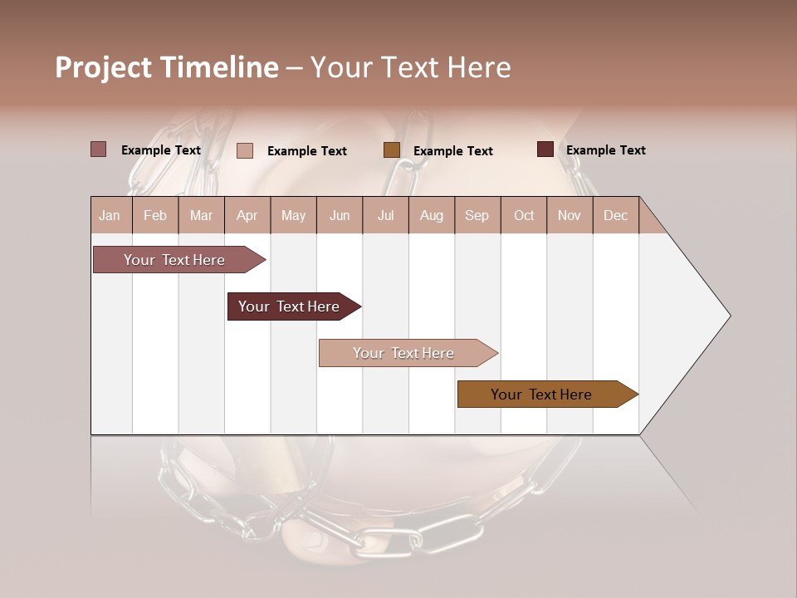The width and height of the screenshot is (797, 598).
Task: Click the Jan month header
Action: pyautogui.click(x=110, y=215)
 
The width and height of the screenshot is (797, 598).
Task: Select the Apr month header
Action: pyautogui.click(x=247, y=215)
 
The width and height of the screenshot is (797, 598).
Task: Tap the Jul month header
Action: pyautogui.click(x=385, y=215)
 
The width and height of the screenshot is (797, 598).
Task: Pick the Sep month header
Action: pyautogui.click(x=477, y=215)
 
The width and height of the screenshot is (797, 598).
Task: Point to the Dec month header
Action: pyautogui.click(x=615, y=215)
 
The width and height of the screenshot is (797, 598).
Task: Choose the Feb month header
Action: pyautogui.click(x=155, y=215)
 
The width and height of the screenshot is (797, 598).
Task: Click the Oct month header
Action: pyautogui.click(x=524, y=215)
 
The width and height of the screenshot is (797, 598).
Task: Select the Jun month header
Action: pyautogui.click(x=340, y=215)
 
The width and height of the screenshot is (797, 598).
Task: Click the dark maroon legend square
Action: pyautogui.click(x=545, y=149)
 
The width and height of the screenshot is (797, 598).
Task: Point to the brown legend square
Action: pyautogui.click(x=392, y=150)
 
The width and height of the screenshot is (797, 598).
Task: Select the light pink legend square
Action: pyautogui.click(x=245, y=150)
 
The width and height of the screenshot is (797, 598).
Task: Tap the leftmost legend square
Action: pyautogui.click(x=99, y=149)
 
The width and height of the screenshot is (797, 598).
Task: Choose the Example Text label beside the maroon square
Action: pyautogui.click(x=605, y=149)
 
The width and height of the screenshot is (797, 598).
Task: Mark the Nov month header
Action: pyautogui.click(x=570, y=215)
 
